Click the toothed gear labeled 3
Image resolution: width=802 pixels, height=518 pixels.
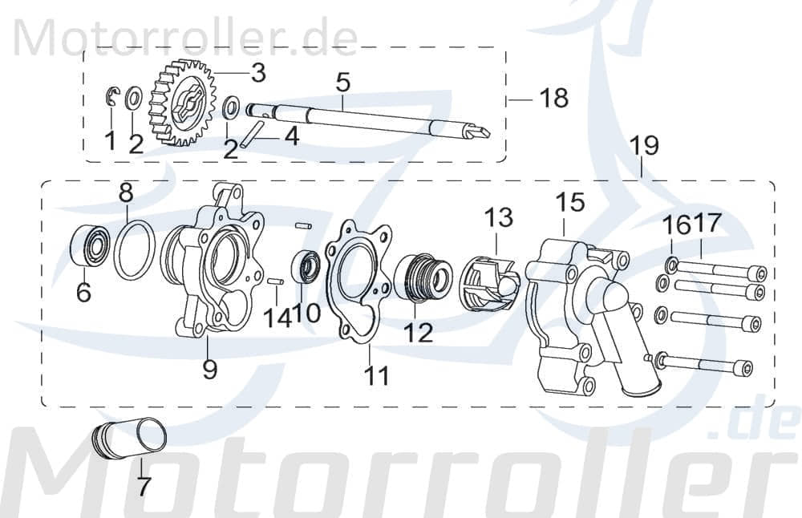[184, 107]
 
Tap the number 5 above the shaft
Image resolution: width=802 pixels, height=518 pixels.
[342, 82]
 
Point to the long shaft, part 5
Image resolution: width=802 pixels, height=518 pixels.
[361, 118]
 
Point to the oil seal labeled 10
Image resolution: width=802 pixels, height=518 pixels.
[308, 267]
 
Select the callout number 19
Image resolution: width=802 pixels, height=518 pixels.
[644, 146]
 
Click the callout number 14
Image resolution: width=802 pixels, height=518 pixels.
[277, 318]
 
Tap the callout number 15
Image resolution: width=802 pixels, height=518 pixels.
[571, 203]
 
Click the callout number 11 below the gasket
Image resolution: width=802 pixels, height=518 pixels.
[375, 374]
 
